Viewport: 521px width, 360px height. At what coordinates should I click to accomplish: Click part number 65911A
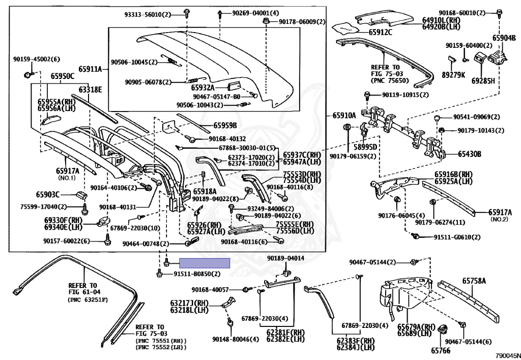[90, 69]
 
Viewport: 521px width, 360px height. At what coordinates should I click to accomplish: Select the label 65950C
[63, 76]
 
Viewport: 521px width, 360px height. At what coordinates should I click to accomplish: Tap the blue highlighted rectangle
[205, 263]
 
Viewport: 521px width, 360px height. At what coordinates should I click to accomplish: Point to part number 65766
[441, 350]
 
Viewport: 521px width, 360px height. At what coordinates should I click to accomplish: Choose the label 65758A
[474, 281]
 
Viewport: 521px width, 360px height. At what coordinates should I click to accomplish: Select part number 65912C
[381, 32]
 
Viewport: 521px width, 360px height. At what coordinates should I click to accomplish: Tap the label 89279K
[453, 75]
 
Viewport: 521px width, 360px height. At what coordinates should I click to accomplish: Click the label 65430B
[470, 154]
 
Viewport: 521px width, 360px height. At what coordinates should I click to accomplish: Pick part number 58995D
[365, 147]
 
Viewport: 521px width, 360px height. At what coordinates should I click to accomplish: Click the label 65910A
[344, 116]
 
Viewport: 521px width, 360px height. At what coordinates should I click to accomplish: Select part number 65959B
[225, 125]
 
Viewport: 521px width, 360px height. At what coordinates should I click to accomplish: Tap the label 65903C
[48, 194]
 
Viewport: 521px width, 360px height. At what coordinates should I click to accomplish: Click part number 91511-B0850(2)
[197, 274]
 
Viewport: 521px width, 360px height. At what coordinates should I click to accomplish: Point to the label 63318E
[90, 90]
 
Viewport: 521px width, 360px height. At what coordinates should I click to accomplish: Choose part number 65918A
[205, 191]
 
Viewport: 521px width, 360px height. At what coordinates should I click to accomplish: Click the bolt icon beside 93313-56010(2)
[186, 13]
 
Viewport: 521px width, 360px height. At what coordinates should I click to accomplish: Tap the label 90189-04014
[286, 258]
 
